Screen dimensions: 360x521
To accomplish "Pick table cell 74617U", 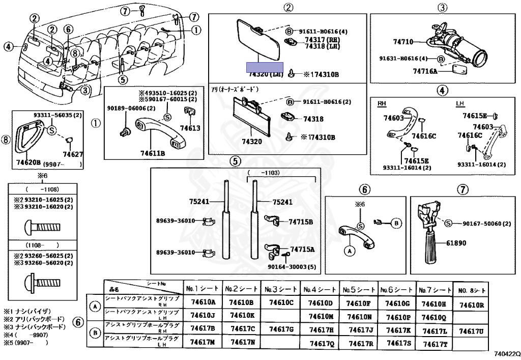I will pos(471,331).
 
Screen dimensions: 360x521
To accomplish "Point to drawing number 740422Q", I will pos(507,353).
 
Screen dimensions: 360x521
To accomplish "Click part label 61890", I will pos(456,243).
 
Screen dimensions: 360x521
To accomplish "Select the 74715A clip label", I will pos(302,250).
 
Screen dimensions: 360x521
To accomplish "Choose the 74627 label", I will pos(73,153).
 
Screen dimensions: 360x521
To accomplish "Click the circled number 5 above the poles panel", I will pos(235,161).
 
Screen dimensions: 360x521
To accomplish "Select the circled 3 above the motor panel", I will pos(442,8).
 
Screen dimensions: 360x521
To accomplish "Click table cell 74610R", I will pos(471,305).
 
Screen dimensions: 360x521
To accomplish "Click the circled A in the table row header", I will pos(95,307).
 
